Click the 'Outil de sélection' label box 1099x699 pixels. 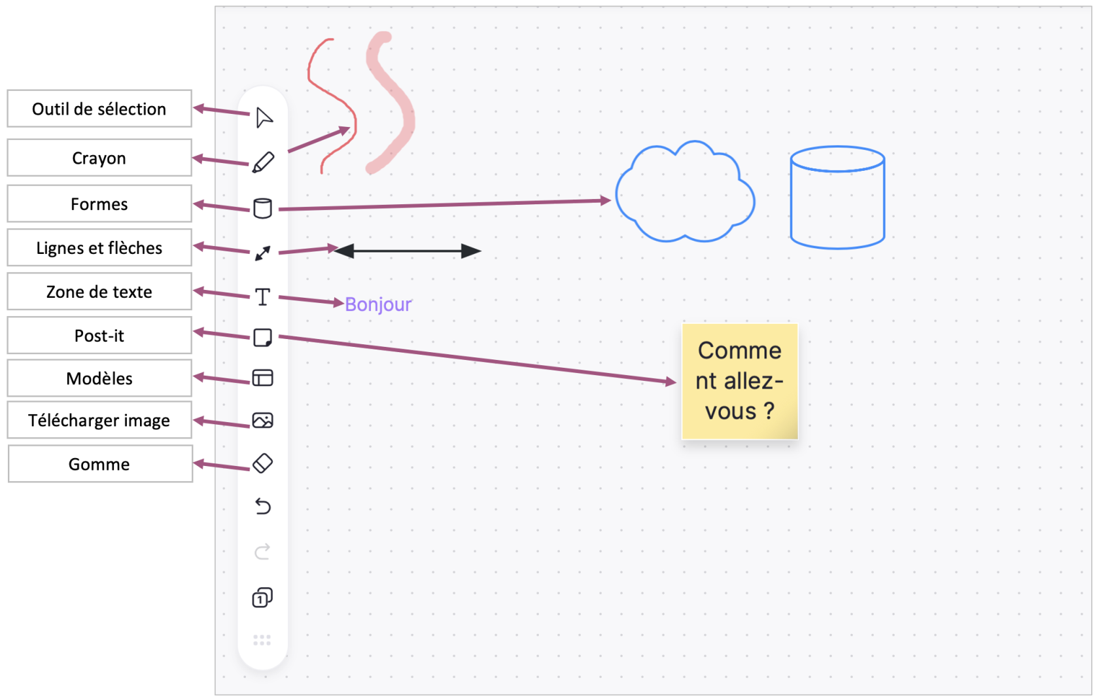(99, 109)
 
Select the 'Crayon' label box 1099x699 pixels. (99, 158)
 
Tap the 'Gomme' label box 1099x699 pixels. (100, 464)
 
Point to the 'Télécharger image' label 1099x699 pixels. (99, 420)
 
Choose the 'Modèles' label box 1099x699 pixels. (99, 378)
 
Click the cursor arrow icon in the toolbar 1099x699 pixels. (264, 118)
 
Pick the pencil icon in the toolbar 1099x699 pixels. (263, 162)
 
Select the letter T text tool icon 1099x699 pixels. (262, 297)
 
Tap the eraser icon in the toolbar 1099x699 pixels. (262, 463)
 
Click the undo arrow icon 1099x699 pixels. (262, 507)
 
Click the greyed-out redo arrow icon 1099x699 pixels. (262, 552)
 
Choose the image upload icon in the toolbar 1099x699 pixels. (262, 420)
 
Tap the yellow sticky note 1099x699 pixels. (740, 382)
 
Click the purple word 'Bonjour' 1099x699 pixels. (378, 304)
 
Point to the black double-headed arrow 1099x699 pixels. (408, 251)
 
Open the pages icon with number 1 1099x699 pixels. (262, 598)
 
